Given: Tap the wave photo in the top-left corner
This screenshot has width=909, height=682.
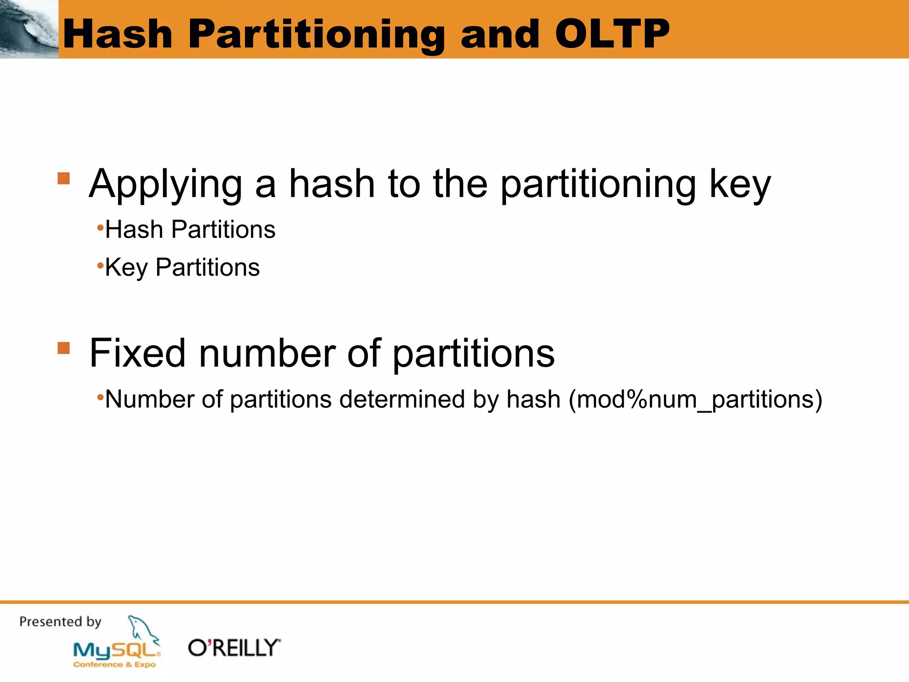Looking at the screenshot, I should point(29,29).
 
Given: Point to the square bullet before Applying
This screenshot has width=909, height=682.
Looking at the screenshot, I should point(64,178).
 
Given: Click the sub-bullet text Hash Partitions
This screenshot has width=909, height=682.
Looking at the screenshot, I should point(190,230).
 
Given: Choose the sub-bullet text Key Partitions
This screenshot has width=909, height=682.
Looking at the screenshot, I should point(182,267).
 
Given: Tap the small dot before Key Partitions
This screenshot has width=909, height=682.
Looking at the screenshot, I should point(100,266).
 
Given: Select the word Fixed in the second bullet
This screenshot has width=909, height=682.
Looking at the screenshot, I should point(137,353).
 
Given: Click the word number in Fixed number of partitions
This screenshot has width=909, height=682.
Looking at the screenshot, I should point(268,353).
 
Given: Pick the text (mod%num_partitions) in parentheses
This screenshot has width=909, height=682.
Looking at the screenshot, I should point(696,399).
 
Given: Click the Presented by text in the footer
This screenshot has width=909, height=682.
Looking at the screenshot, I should point(60,622).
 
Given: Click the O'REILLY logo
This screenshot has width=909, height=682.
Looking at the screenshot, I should point(234,648).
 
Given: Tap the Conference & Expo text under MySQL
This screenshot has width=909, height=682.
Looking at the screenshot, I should point(115,665).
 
